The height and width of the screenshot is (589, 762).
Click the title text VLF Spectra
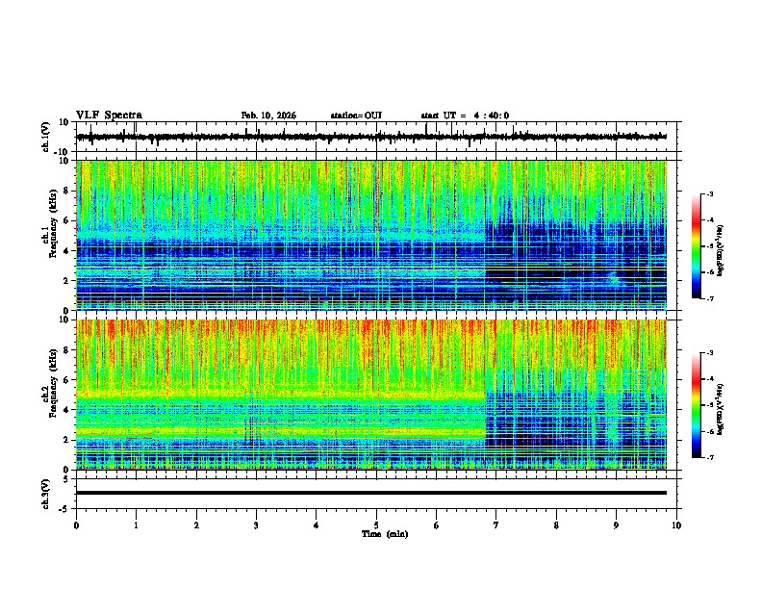pos(109,115)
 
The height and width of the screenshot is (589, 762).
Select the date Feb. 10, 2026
pos(268,115)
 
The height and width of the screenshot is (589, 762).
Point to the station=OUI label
pos(356,115)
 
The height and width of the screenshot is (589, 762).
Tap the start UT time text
pos(465,115)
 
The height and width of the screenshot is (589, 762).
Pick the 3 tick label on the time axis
pos(257,525)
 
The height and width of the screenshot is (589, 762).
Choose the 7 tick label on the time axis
pos(496,525)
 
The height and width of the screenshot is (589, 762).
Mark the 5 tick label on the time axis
pos(376,525)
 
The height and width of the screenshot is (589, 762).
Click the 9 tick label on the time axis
pos(617,525)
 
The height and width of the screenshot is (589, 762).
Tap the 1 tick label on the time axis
pos(137,525)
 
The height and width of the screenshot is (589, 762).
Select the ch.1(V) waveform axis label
pos(47,137)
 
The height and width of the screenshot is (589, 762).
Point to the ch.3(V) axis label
pos(47,492)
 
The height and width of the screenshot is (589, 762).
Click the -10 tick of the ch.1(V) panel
pos(63,151)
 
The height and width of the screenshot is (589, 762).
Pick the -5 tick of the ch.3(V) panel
pos(65,506)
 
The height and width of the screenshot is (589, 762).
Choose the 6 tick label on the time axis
pos(437,525)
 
